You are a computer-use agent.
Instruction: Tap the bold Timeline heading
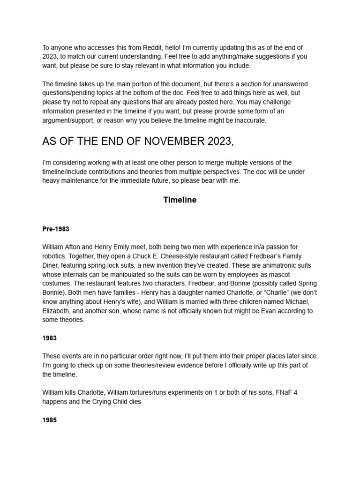click(180, 200)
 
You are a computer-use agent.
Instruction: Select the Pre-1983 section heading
click(57, 229)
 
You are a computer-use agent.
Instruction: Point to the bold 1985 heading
click(49, 420)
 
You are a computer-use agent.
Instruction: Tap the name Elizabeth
click(58, 311)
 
